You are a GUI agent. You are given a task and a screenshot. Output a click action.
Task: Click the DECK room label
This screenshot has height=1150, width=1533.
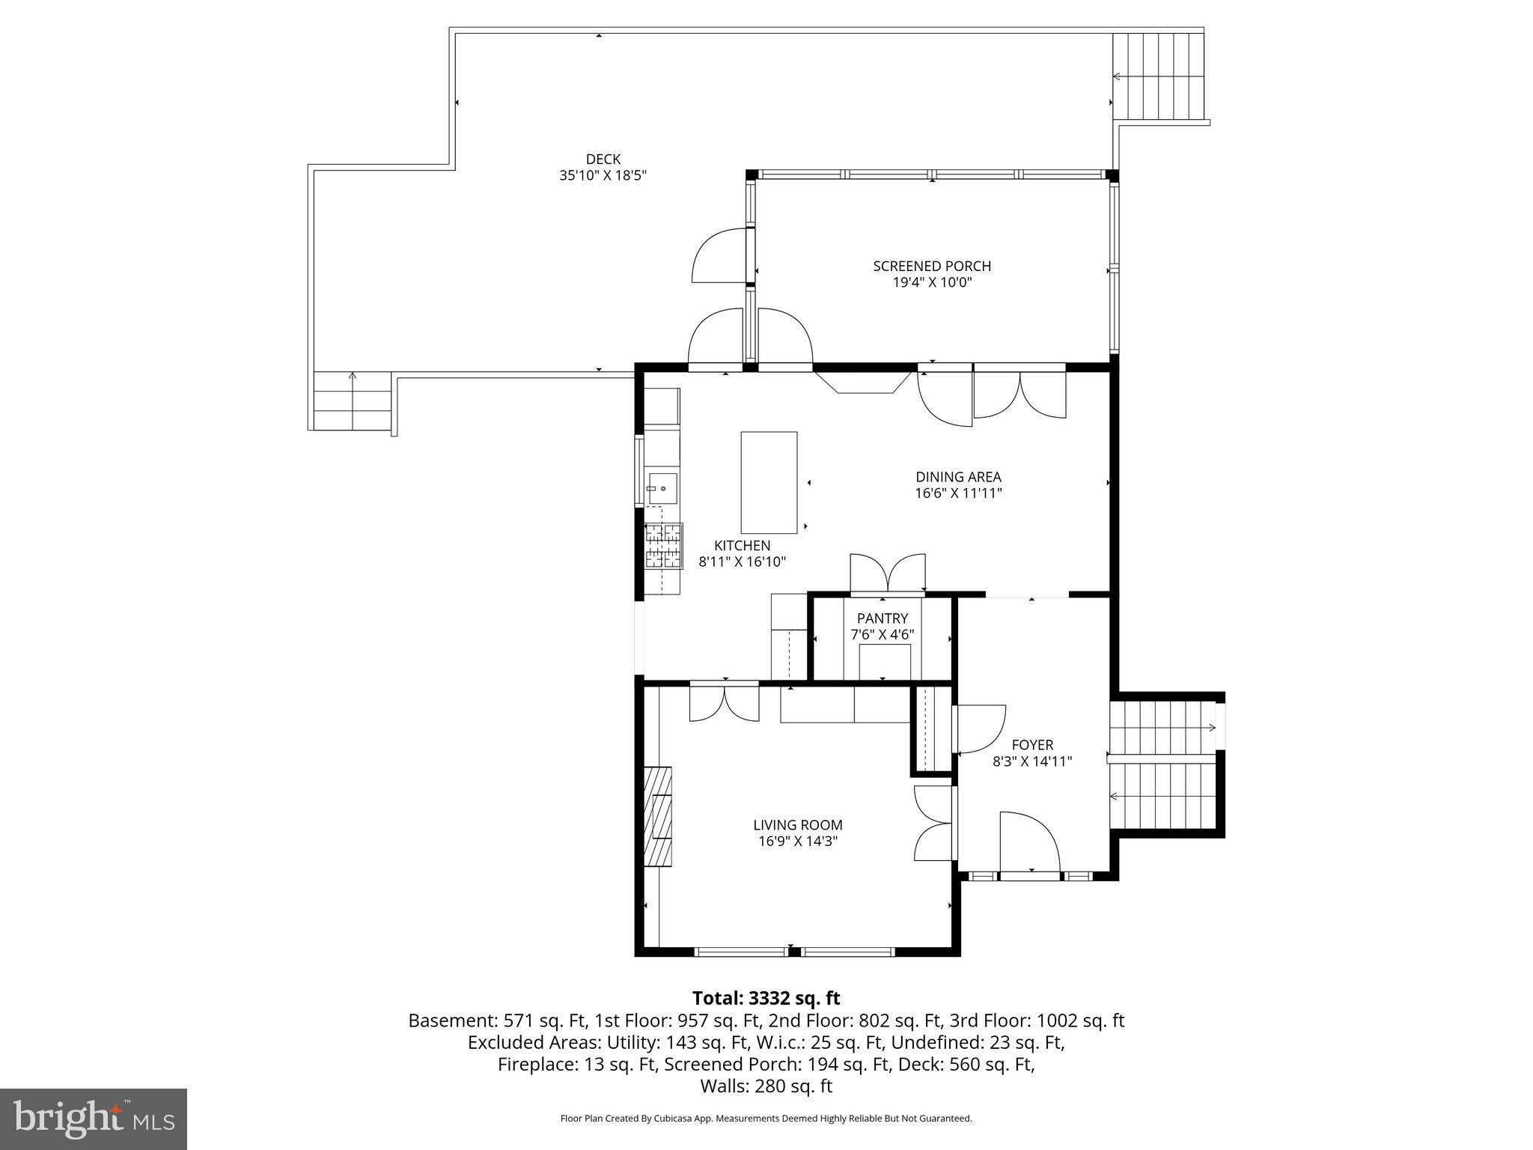(x=603, y=159)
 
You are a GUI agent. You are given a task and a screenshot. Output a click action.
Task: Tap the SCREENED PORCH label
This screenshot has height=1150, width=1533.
(x=931, y=266)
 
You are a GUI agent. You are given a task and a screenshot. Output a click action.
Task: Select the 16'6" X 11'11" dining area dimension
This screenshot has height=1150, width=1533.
(x=957, y=493)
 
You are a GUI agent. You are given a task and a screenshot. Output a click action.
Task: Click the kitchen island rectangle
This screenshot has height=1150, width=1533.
(x=768, y=482)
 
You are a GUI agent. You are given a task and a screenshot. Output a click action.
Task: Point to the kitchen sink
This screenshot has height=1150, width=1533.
(x=662, y=488)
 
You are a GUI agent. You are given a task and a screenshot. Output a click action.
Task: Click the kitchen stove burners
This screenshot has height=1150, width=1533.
(x=664, y=545)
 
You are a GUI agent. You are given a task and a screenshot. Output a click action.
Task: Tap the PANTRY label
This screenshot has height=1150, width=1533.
(x=882, y=618)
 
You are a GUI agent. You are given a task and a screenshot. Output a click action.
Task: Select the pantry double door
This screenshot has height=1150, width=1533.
(x=887, y=574)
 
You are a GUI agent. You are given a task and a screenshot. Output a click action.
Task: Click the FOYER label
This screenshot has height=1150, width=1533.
(x=1032, y=745)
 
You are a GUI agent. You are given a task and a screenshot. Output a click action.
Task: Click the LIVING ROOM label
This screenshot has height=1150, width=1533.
(x=797, y=825)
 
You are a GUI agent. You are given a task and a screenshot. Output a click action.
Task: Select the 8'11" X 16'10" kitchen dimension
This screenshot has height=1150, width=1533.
(x=742, y=562)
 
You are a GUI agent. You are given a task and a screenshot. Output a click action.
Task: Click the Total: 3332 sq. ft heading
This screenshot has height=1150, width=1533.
(x=766, y=998)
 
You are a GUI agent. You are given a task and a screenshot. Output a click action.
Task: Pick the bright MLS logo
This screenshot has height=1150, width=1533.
(x=94, y=1119)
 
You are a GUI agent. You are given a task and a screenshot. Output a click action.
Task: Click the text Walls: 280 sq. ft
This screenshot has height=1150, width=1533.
(x=766, y=1086)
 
